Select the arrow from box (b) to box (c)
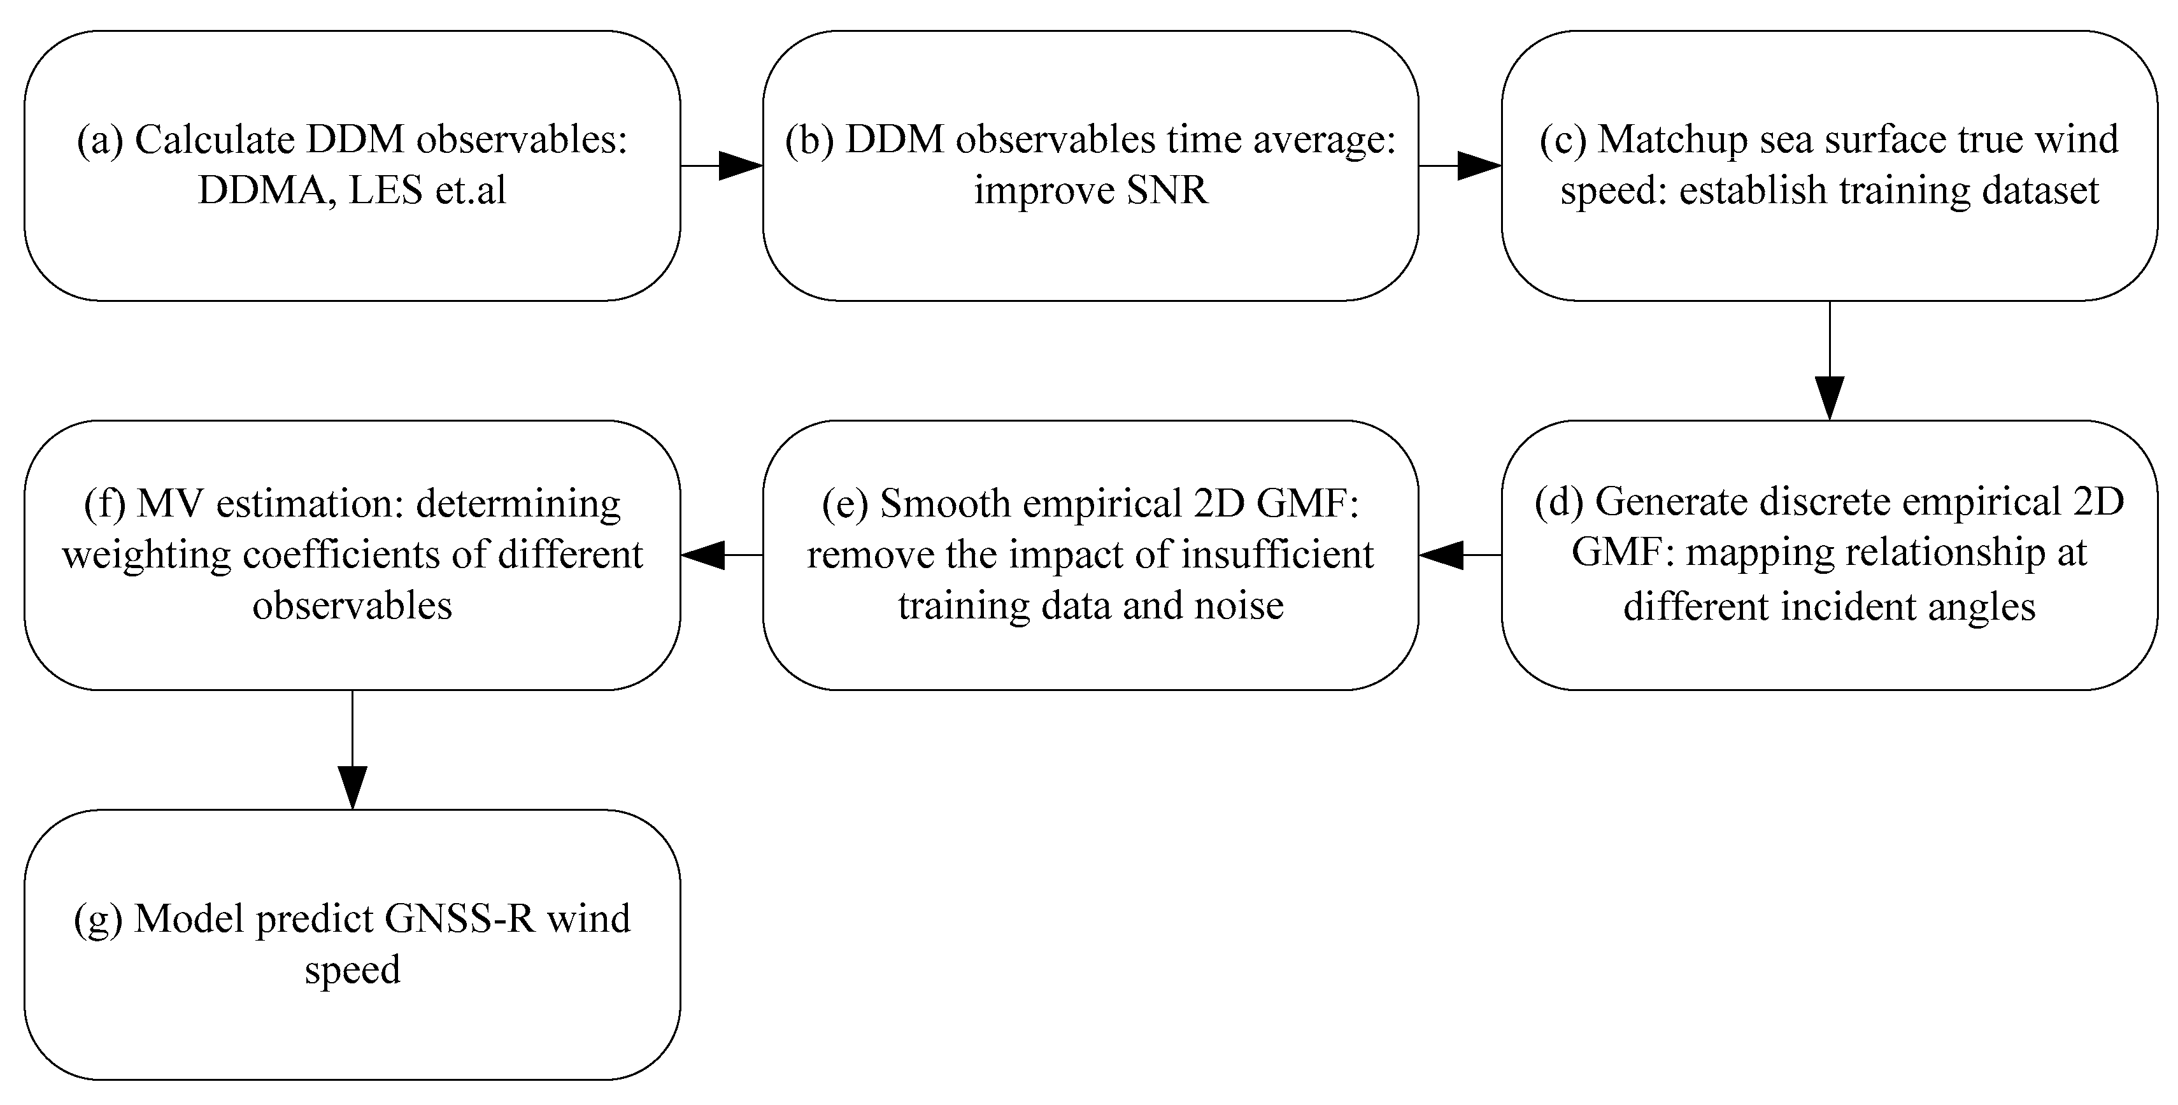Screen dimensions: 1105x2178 pos(1460,166)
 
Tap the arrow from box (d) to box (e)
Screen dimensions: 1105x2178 pos(1460,555)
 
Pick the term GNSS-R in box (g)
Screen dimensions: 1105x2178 pos(460,919)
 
